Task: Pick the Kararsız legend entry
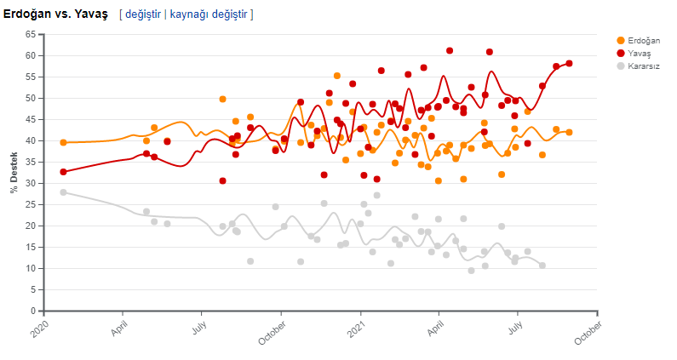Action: click(643, 66)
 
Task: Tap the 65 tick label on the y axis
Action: click(31, 34)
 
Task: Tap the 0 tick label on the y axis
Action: click(32, 311)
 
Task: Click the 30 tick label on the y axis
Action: click(31, 183)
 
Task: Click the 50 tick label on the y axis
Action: click(31, 98)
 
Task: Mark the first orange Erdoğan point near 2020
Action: click(63, 142)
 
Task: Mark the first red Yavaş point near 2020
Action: click(63, 171)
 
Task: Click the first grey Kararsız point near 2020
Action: click(63, 192)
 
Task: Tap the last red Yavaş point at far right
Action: click(569, 63)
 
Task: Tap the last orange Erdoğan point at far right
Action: click(569, 132)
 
